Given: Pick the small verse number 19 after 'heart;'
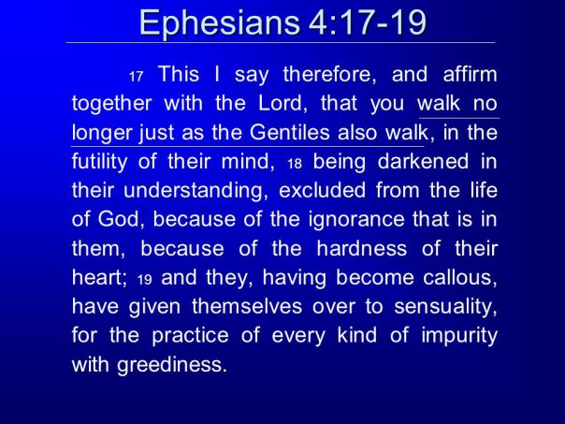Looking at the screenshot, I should click(x=143, y=280).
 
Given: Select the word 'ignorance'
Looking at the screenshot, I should click(x=361, y=220).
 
